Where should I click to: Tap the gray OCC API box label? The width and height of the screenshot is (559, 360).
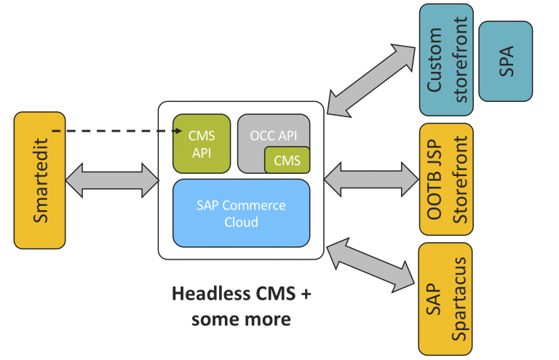(x=274, y=136)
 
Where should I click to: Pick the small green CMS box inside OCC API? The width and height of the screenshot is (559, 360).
(x=287, y=161)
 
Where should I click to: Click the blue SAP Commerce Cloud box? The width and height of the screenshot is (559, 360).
(x=241, y=213)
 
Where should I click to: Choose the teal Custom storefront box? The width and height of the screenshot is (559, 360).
(x=445, y=60)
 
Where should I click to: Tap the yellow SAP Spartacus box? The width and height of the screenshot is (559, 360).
(x=445, y=298)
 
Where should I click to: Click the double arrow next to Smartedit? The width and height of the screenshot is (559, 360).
(x=111, y=179)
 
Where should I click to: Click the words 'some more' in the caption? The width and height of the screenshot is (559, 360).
(x=241, y=319)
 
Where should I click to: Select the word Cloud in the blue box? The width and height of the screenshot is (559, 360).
(x=241, y=222)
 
